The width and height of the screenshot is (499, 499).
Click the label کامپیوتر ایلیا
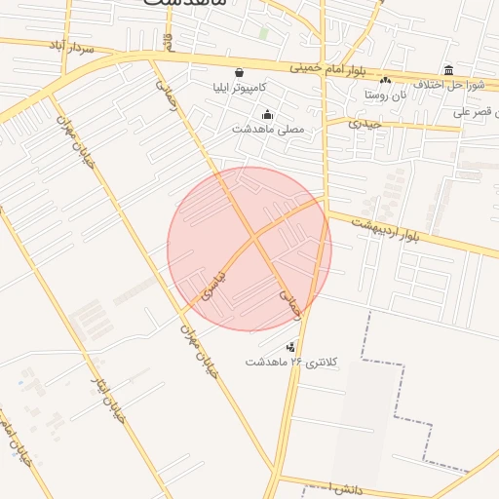(x=240, y=88)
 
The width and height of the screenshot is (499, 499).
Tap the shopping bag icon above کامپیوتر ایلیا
(x=240, y=72)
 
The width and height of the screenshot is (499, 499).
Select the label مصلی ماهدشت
(x=268, y=129)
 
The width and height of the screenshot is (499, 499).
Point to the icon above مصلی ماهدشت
(x=268, y=114)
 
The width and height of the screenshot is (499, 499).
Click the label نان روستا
(x=385, y=96)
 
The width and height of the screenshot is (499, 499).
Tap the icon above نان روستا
(x=385, y=81)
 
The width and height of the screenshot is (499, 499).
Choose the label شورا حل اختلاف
(x=449, y=85)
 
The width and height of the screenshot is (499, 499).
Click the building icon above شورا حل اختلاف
(x=448, y=70)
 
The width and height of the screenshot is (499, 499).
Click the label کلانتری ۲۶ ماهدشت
(x=291, y=362)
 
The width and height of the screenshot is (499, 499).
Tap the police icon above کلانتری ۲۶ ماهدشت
(x=291, y=346)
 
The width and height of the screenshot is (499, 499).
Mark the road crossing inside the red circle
(x=252, y=237)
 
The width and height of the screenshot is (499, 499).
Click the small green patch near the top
(x=264, y=32)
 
